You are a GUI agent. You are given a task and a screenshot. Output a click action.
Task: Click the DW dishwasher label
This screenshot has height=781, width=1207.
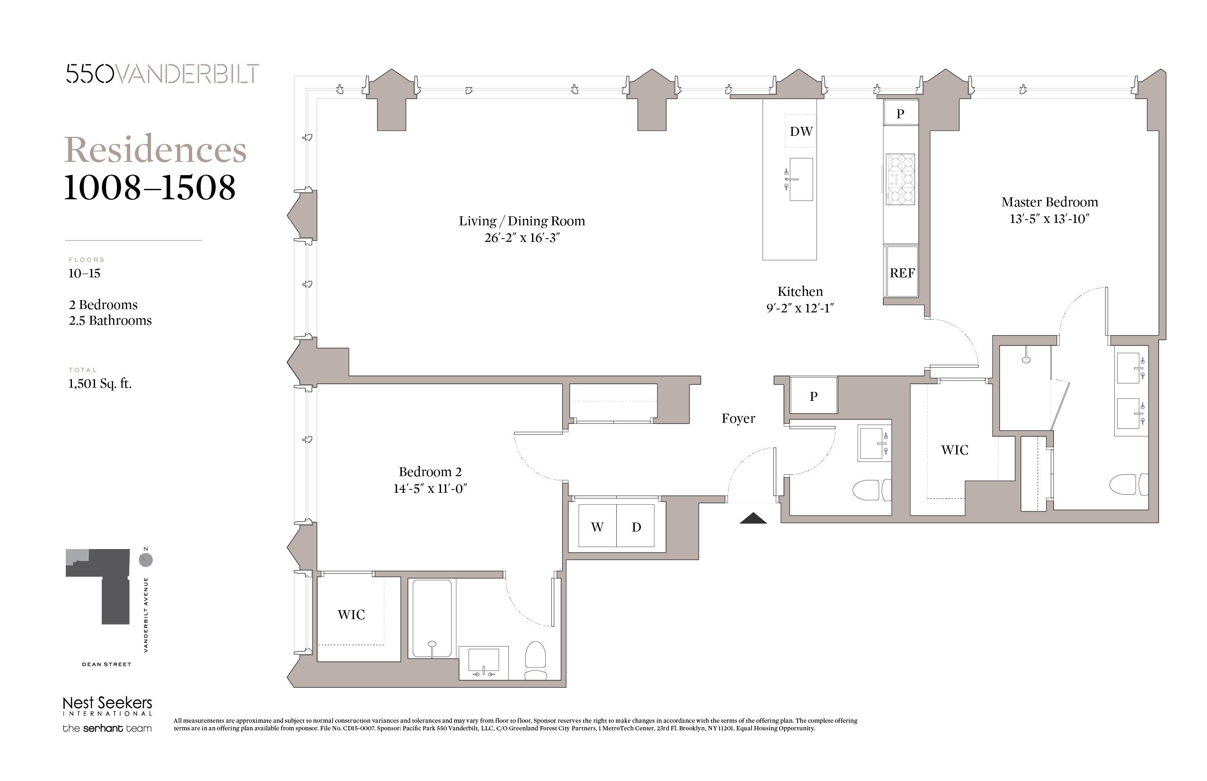(801, 132)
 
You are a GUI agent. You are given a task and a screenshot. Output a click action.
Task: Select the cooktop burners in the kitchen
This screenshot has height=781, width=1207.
(900, 179)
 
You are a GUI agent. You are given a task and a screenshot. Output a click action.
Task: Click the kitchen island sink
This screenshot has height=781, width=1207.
(800, 179)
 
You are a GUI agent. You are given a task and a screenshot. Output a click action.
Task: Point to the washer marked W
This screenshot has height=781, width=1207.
(597, 525)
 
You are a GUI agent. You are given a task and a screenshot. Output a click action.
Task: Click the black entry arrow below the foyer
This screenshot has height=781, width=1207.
(753, 518)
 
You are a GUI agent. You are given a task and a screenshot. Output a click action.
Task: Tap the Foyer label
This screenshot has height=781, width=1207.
(738, 418)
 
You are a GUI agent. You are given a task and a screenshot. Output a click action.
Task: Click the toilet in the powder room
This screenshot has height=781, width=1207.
(872, 490)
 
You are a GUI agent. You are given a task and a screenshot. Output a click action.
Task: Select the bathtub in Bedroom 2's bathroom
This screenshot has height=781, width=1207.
(432, 618)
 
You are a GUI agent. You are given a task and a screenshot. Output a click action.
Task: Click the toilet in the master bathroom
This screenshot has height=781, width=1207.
(1128, 484)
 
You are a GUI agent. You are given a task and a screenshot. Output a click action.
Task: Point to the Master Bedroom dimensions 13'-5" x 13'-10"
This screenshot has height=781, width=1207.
(1049, 219)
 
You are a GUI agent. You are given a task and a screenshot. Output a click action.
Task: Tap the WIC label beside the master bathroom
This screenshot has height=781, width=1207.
(954, 450)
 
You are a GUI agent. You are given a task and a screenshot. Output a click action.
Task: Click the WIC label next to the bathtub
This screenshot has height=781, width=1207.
(351, 615)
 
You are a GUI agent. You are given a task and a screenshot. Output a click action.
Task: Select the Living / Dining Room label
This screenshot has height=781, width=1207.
(522, 221)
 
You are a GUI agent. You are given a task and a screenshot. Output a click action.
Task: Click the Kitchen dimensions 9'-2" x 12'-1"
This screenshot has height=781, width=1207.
(800, 308)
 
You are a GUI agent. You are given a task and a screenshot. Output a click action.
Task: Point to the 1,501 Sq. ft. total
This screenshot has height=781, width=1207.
(100, 383)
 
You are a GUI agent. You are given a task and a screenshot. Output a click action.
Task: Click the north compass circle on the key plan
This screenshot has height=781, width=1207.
(146, 560)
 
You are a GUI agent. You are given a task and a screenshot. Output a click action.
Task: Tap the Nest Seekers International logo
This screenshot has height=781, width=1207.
(107, 706)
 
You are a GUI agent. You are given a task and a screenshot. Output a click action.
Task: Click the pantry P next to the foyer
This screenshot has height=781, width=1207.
(814, 396)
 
